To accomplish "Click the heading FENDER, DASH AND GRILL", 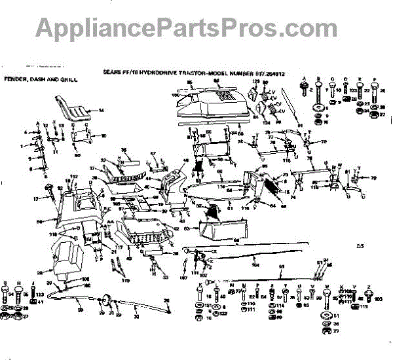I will click(41, 79).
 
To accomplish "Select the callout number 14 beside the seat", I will click(102, 111).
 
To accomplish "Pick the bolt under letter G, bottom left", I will click(7, 294).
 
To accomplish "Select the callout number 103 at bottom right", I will click(379, 298).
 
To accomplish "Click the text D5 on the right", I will click(359, 247).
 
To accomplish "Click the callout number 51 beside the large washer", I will click(337, 316).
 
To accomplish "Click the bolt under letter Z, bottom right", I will click(371, 298).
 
